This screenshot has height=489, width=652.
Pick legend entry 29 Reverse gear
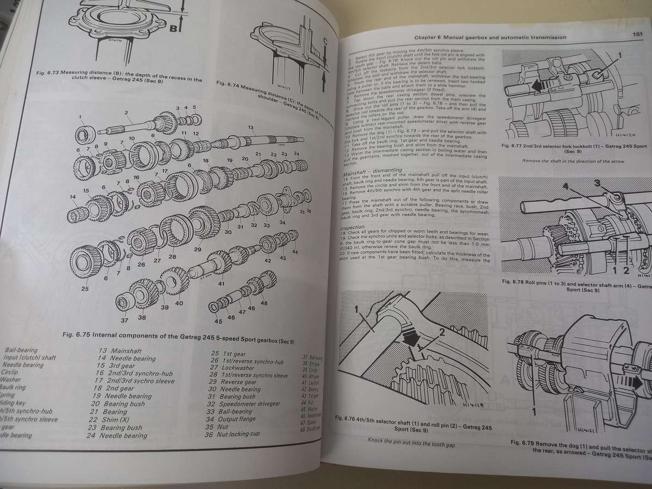[x=235, y=382]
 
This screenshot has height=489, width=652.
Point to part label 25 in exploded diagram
[x=85, y=289]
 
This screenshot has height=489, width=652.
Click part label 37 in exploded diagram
[x=124, y=320]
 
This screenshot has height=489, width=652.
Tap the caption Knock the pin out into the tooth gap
[x=411, y=443]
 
